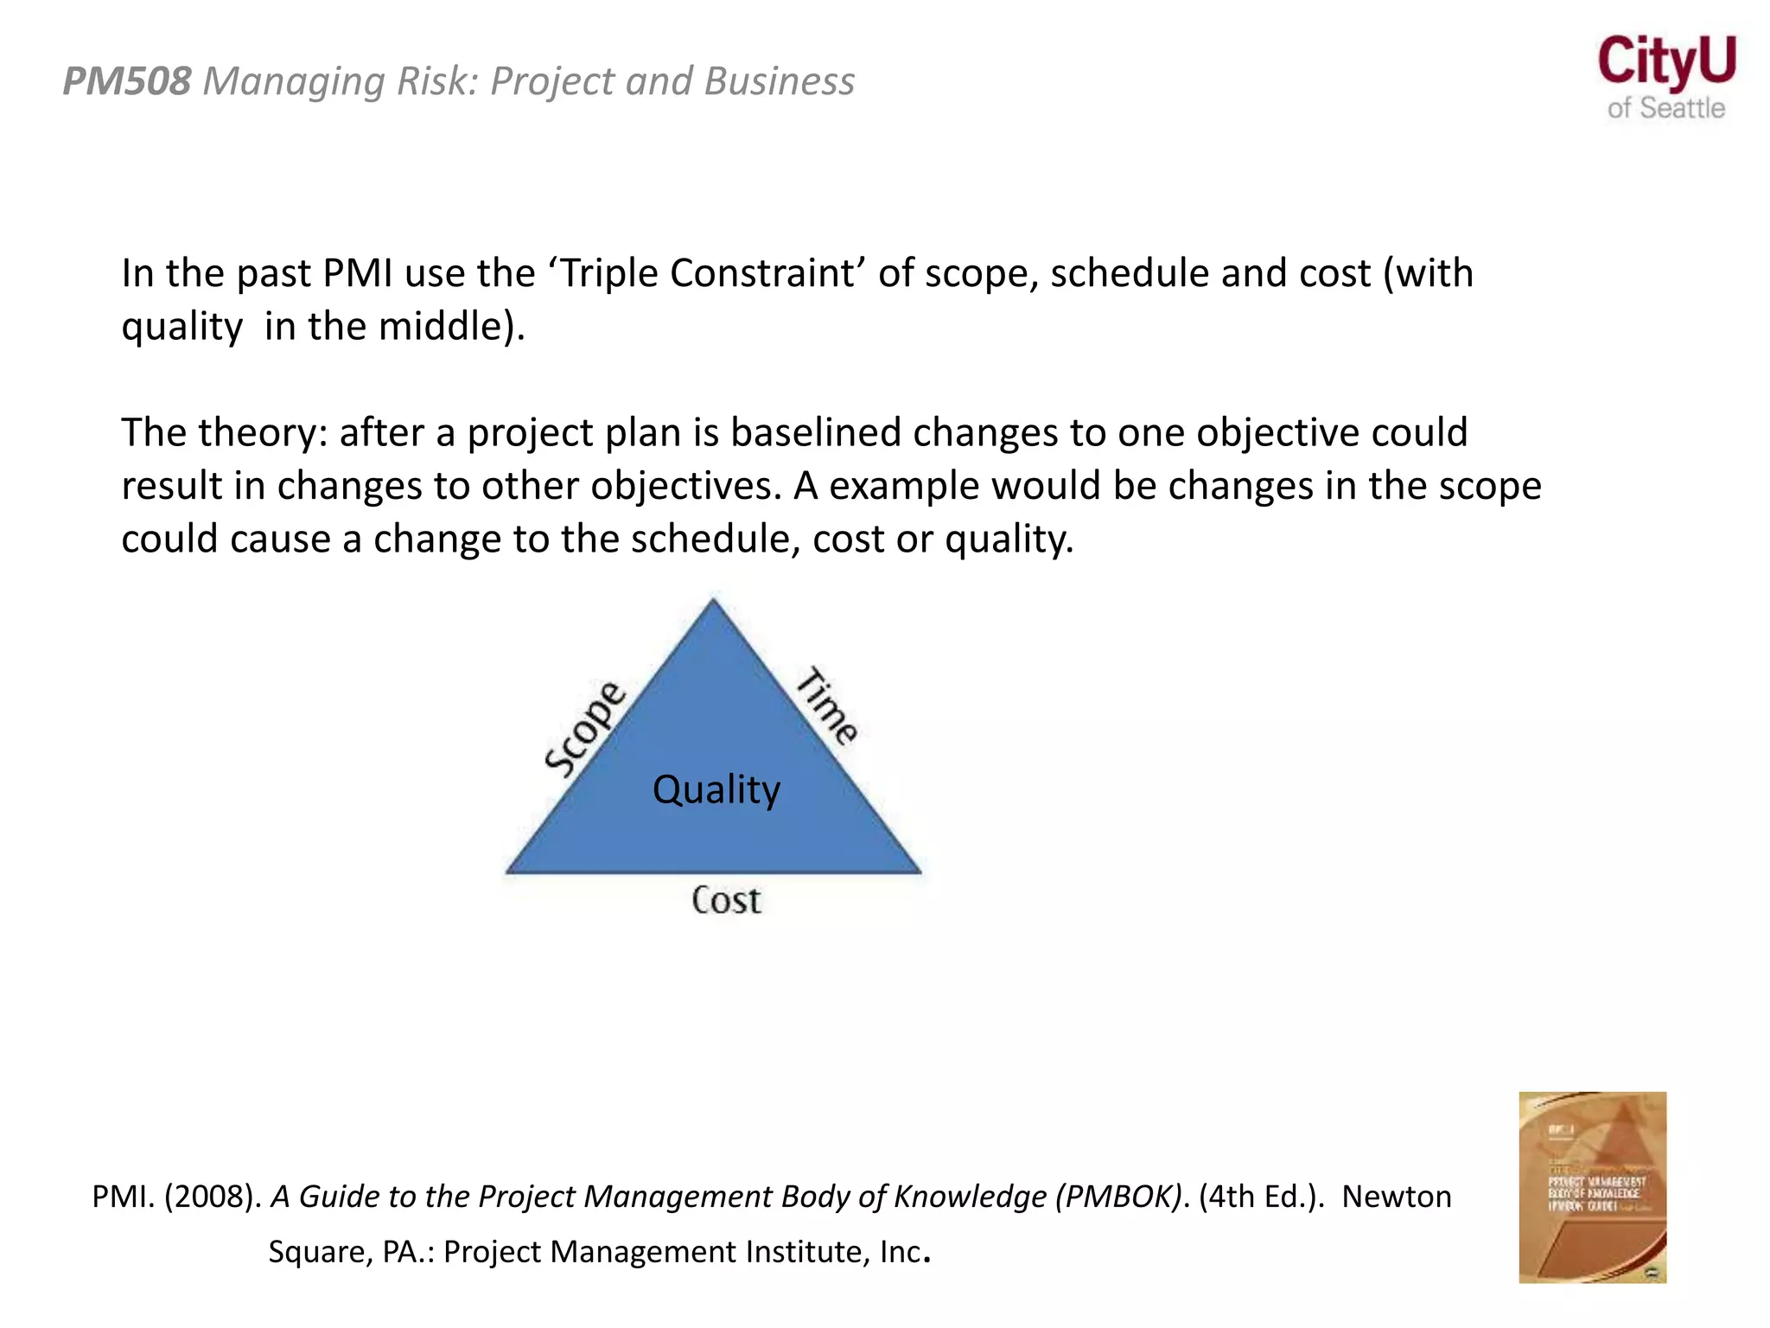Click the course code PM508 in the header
click(127, 81)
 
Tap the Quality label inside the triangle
click(716, 789)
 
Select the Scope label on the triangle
click(585, 729)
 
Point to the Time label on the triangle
click(827, 705)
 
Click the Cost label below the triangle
click(726, 901)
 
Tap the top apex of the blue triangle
click(713, 602)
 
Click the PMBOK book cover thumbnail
click(1592, 1186)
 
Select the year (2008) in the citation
click(212, 1197)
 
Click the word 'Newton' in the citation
click(1397, 1197)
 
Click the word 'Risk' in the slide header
click(440, 81)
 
